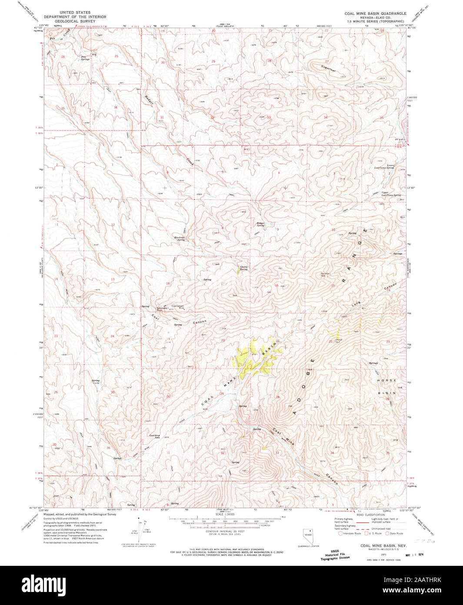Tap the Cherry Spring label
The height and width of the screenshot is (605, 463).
point(243,268)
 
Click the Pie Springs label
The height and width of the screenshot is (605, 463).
point(85,58)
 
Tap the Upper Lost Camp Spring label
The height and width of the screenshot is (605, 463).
point(390,194)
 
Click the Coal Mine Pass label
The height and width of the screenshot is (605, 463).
point(155,436)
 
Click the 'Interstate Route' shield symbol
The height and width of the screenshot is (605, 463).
point(341,533)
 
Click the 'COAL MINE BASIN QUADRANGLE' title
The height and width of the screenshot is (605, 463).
point(376,13)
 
